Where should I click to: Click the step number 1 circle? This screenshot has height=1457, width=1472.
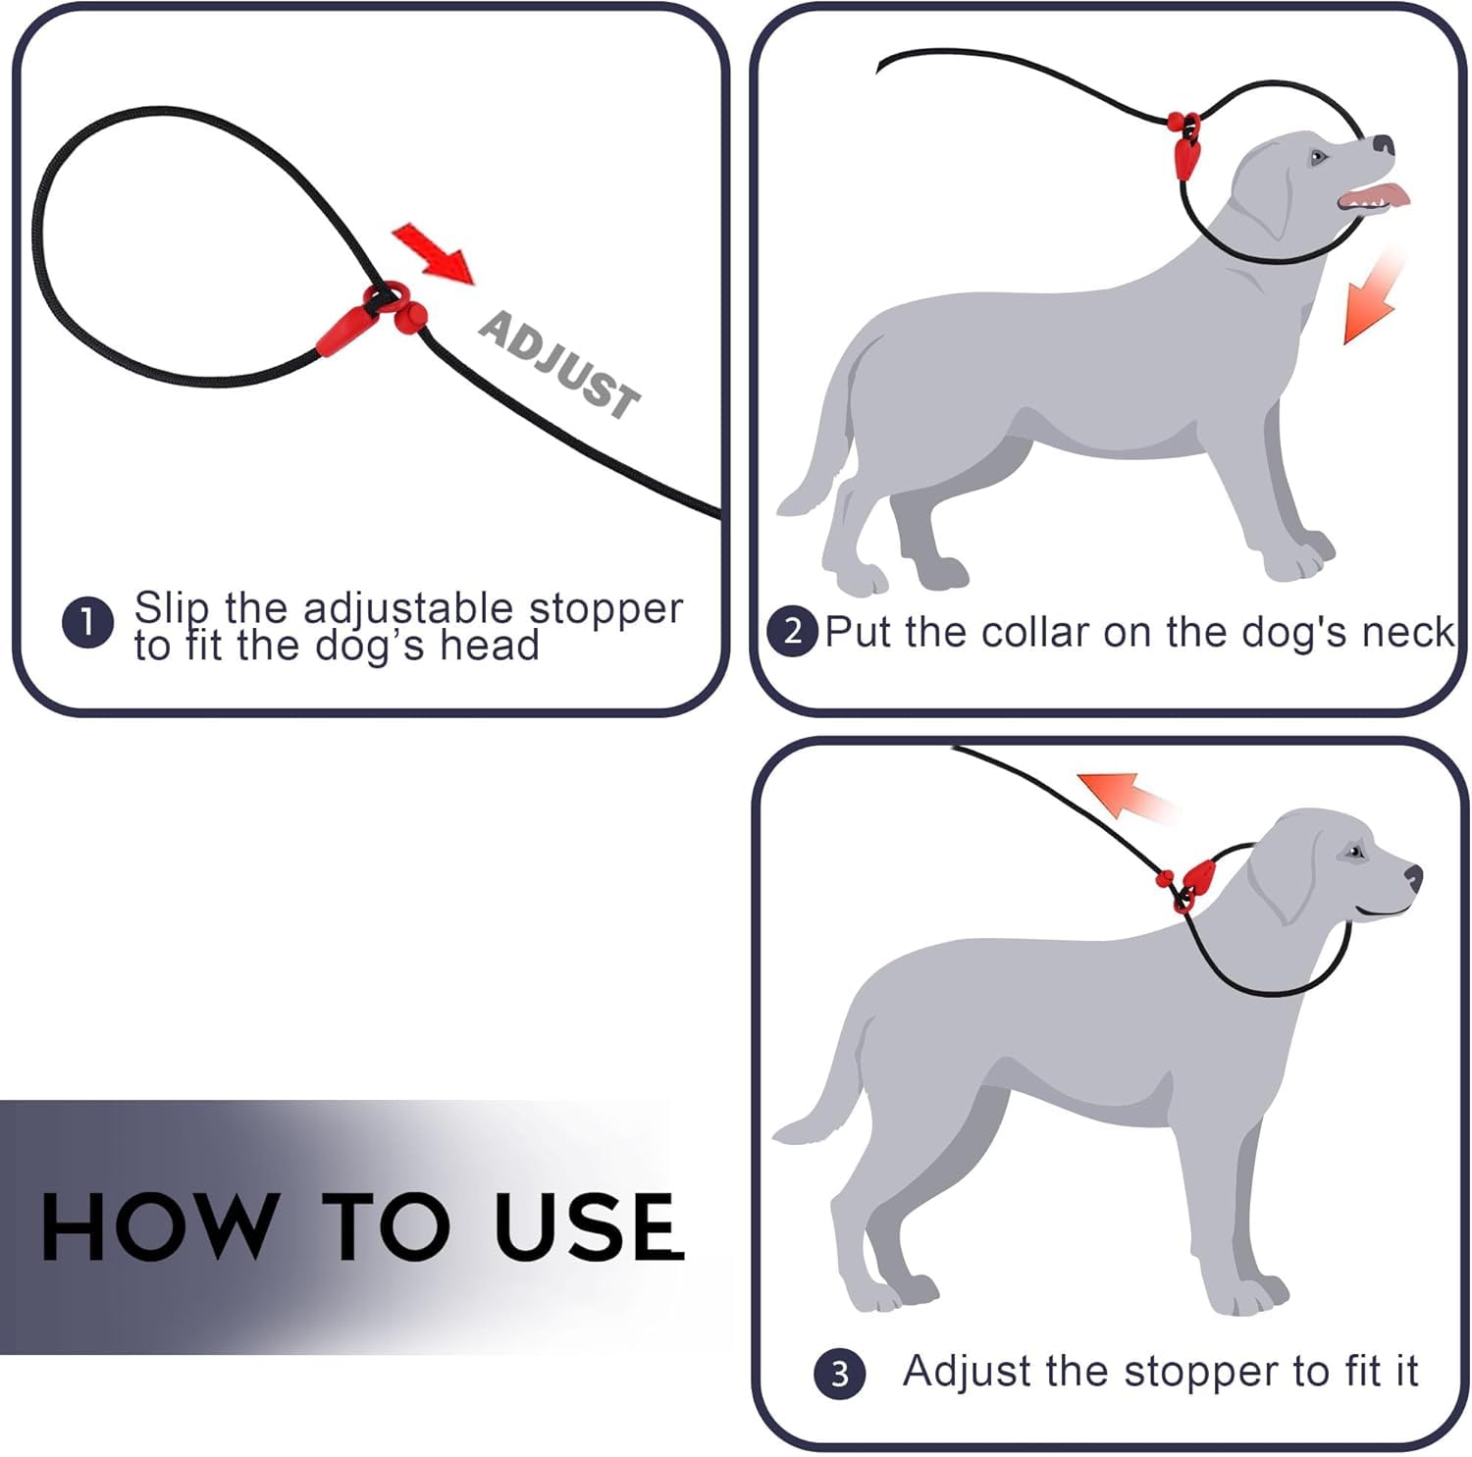[87, 623]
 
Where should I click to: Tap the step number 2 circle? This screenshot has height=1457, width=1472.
[792, 631]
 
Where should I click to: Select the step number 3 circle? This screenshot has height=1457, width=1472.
[839, 1374]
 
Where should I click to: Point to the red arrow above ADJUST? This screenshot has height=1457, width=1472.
[433, 252]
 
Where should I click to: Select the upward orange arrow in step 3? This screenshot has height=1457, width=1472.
[1124, 794]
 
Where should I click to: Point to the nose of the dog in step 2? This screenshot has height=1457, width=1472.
[1384, 145]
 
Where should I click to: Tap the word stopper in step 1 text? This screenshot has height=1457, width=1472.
[605, 609]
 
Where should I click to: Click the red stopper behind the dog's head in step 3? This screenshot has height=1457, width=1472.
[1195, 876]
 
